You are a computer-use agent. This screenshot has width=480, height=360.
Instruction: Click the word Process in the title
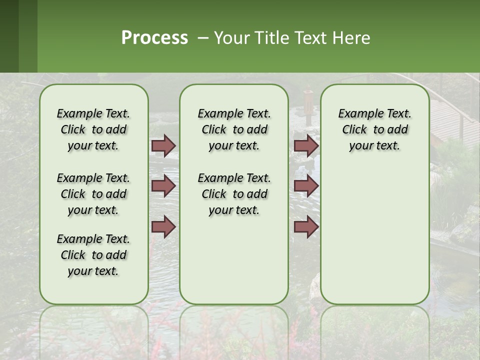point(154,38)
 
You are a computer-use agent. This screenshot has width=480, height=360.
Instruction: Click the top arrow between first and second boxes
point(163,145)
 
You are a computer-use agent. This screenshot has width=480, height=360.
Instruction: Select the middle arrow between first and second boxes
point(163,186)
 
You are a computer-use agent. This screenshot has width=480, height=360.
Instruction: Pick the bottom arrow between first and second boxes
point(163,227)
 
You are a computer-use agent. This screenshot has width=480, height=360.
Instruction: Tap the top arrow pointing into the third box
point(306,145)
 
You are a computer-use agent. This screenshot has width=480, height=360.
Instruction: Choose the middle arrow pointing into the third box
point(306,186)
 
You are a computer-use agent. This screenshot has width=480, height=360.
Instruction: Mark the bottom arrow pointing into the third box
point(306,227)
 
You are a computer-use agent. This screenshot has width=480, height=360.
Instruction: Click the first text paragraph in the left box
point(93,129)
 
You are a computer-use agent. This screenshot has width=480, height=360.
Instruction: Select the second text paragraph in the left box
point(93,194)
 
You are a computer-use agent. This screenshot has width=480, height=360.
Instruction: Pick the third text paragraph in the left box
point(93,255)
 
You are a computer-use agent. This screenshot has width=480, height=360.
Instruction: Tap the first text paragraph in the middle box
point(234,129)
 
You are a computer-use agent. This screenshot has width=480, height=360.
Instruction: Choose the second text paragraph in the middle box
point(234,194)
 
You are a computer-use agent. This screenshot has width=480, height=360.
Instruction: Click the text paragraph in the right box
point(374,129)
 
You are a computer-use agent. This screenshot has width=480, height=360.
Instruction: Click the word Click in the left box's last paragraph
point(73,255)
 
